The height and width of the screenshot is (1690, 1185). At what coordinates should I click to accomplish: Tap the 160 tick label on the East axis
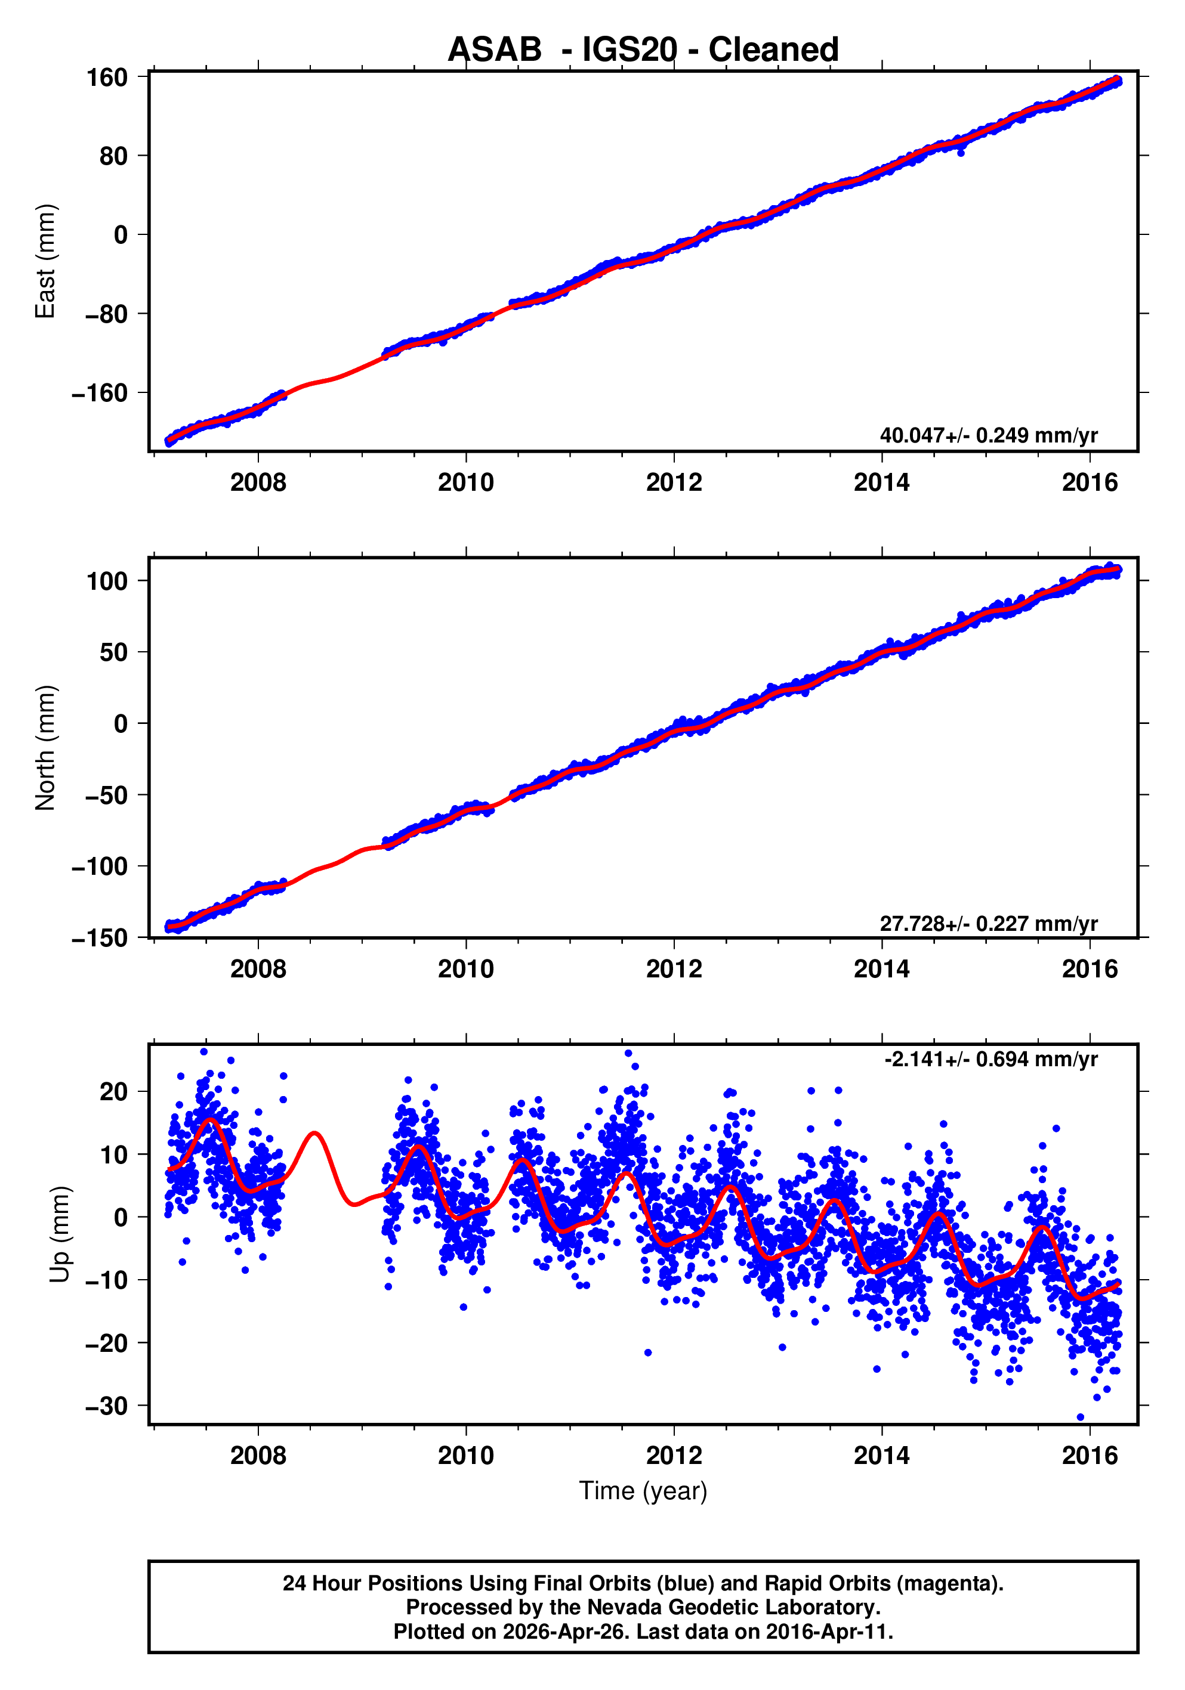tap(107, 78)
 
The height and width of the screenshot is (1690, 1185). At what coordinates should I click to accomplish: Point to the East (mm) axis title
tap(46, 261)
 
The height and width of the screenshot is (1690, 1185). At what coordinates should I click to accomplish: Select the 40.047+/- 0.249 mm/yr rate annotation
tap(987, 435)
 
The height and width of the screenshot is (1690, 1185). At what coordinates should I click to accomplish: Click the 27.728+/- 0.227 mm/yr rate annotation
tap(987, 923)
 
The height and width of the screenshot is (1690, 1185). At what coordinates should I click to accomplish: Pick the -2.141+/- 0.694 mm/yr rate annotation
tap(990, 1059)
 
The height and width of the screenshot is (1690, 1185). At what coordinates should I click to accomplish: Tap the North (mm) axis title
tap(46, 748)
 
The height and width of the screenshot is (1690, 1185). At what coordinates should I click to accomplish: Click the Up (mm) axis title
tap(60, 1234)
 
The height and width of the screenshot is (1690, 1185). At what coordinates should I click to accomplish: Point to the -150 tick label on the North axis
tap(100, 939)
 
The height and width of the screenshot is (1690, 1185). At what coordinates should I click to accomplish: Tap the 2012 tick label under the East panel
tap(674, 483)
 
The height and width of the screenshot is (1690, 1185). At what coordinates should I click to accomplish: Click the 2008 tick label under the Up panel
tap(258, 1456)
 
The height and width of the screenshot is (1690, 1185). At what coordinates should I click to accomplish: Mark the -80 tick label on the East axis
tap(106, 314)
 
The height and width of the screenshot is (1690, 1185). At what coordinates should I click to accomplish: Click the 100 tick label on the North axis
tap(107, 581)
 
